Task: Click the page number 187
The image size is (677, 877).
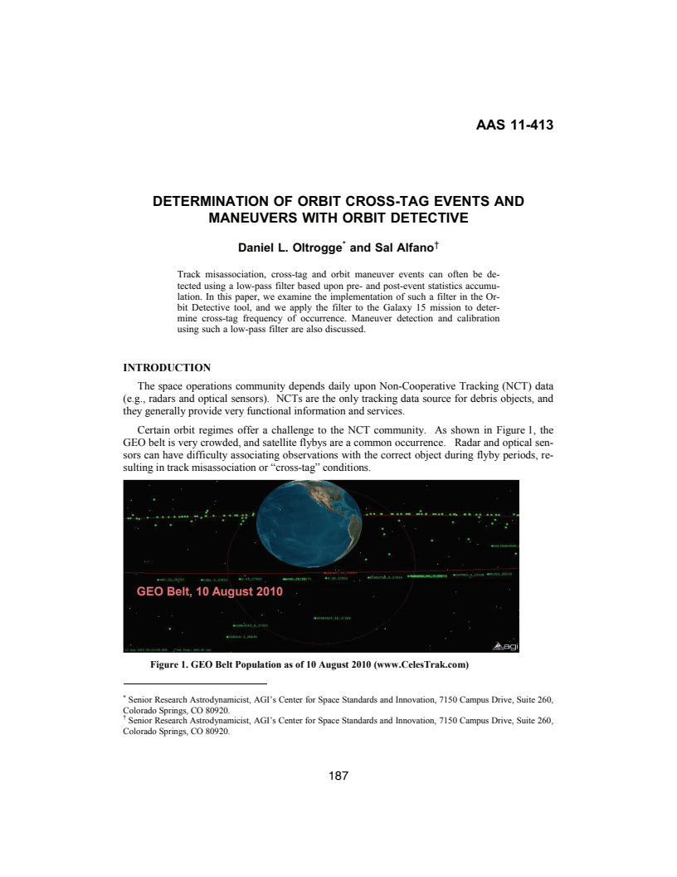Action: pyautogui.click(x=338, y=776)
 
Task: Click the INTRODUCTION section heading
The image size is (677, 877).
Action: pyautogui.click(x=167, y=366)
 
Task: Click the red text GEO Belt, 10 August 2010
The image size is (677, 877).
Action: pyautogui.click(x=209, y=592)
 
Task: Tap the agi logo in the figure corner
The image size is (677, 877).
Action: pyautogui.click(x=505, y=645)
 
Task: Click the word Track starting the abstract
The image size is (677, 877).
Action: pyautogui.click(x=189, y=272)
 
